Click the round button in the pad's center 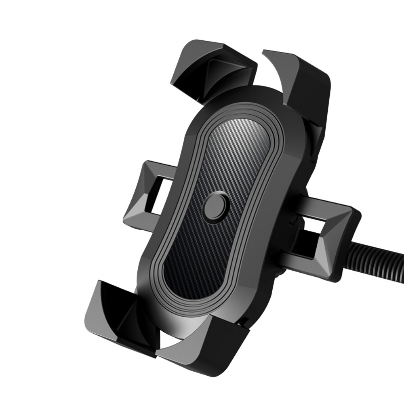pos(217,206)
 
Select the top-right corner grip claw pos(301,81)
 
